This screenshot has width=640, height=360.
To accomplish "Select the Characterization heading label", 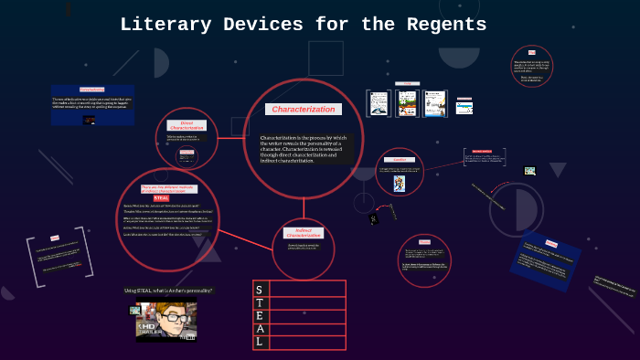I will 304,109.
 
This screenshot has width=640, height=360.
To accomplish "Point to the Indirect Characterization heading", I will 304,233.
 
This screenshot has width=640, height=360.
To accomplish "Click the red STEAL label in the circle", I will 161,197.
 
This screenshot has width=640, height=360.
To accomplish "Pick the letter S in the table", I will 260,289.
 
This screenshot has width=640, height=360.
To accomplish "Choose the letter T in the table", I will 260,302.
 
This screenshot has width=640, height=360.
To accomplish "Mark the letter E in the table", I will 260,315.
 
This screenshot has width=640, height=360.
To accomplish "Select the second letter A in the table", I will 260,328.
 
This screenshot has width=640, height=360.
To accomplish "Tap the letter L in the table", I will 260,342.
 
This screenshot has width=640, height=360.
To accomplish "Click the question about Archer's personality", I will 168,291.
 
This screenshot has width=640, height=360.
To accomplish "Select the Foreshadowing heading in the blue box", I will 91,90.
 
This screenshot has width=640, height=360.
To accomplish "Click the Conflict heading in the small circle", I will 399,159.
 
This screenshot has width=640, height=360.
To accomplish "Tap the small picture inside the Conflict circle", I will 399,183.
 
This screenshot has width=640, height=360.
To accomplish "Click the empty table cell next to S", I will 307,289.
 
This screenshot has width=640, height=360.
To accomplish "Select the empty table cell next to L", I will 307,342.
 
